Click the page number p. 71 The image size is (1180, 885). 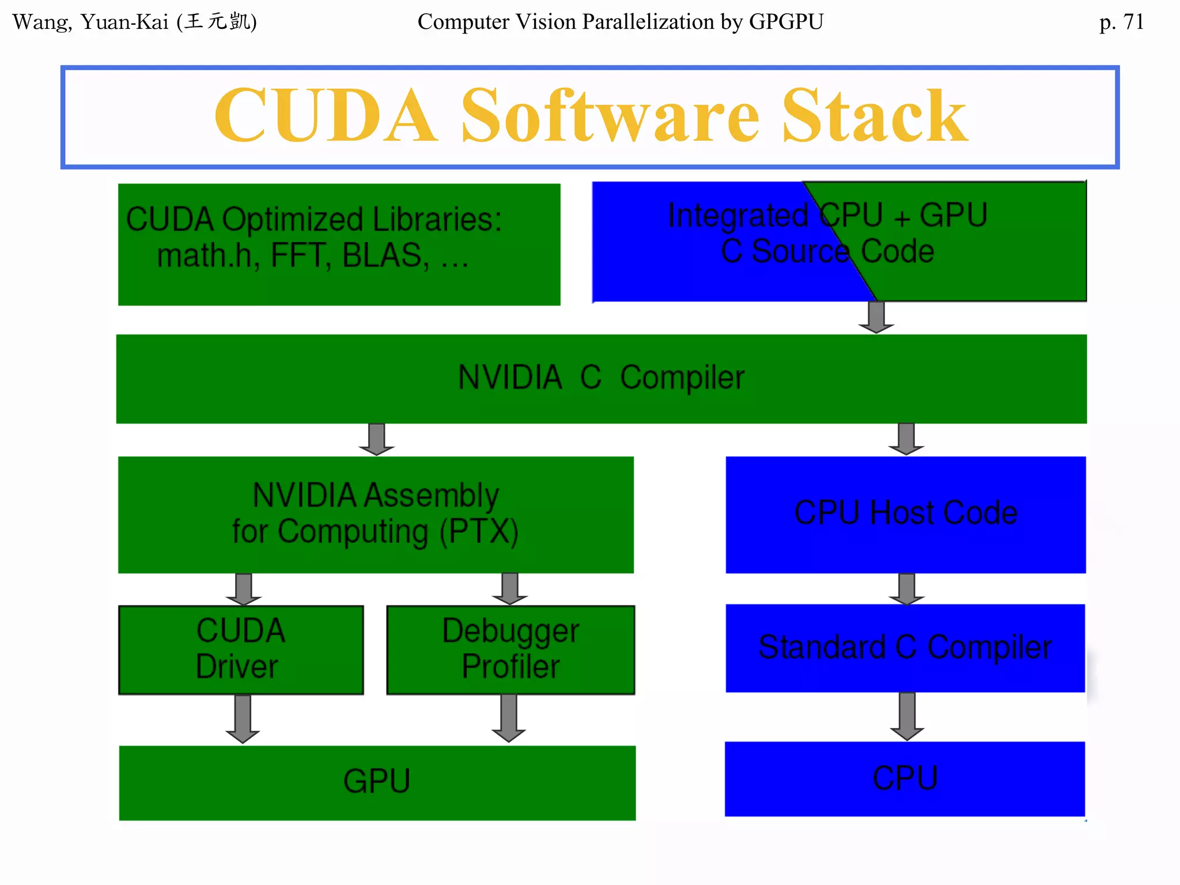point(1121,22)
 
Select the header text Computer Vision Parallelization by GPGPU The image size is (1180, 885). point(620,22)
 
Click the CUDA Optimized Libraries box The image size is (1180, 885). point(339,244)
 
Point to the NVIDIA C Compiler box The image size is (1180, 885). point(601,379)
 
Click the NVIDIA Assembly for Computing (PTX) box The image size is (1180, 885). point(376,514)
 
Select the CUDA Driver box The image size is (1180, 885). point(241,649)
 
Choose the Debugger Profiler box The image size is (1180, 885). point(510,649)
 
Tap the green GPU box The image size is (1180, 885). point(377,782)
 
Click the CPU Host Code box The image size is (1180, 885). point(905,514)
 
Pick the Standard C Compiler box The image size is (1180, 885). point(905,648)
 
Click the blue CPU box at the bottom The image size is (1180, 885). point(905,778)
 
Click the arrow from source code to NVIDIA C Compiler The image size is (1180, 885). point(876,317)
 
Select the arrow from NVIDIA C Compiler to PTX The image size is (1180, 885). point(377,439)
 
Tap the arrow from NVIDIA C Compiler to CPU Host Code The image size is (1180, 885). point(906,439)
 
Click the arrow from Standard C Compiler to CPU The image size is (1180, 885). point(907,716)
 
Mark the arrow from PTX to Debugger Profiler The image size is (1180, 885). point(510,588)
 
